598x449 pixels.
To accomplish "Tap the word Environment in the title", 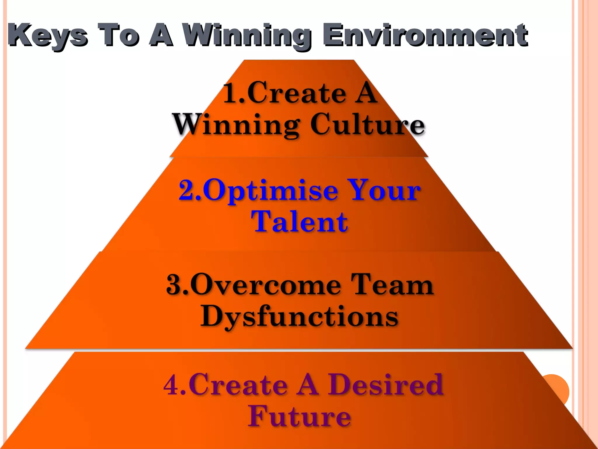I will click(425, 35).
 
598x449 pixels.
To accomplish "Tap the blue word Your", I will click(384, 190).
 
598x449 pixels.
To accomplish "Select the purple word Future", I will click(299, 417).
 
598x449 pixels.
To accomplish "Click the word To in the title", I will click(118, 35).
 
